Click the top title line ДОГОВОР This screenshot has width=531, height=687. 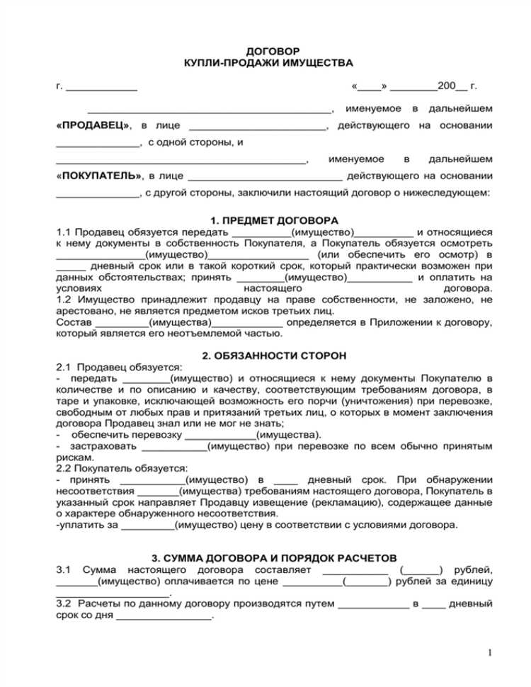pyautogui.click(x=272, y=52)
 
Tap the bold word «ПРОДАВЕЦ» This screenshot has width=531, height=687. pyautogui.click(x=93, y=125)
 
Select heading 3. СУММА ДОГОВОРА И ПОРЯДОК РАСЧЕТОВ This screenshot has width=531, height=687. pyautogui.click(x=274, y=558)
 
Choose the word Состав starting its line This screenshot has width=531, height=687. pyautogui.click(x=72, y=322)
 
